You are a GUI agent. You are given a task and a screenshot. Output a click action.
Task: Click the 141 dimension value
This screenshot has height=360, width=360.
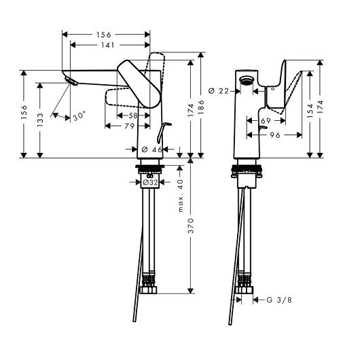pyautogui.click(x=108, y=45)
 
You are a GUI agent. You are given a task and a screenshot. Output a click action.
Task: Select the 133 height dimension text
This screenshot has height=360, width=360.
pyautogui.click(x=40, y=120)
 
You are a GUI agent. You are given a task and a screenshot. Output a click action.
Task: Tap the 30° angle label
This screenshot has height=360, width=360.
pyautogui.click(x=79, y=116)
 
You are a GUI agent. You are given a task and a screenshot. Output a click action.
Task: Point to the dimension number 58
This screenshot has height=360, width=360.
pyautogui.click(x=133, y=115)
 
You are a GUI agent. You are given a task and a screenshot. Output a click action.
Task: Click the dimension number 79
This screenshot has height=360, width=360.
pyautogui.click(x=130, y=126)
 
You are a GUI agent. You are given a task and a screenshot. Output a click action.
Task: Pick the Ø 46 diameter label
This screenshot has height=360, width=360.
pyautogui.click(x=151, y=149)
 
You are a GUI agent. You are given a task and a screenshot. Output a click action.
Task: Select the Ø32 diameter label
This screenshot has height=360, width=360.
pyautogui.click(x=150, y=183)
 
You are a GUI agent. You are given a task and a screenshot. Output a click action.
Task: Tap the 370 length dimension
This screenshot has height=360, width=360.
pyautogui.click(x=191, y=226)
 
